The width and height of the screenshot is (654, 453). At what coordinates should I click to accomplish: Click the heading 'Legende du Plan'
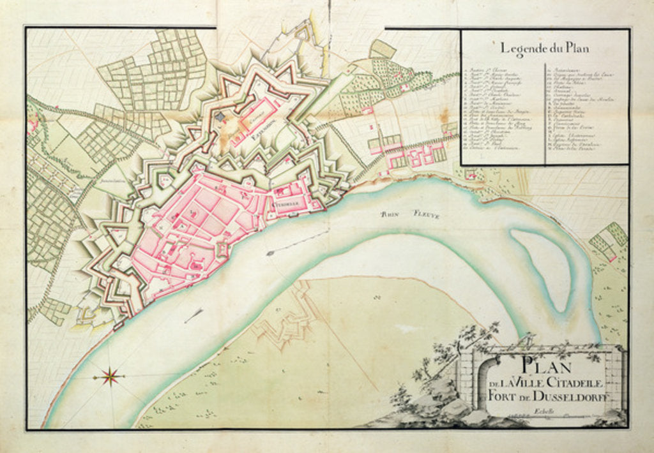(x=544, y=47)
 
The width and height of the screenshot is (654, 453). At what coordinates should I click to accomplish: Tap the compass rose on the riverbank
(x=111, y=376)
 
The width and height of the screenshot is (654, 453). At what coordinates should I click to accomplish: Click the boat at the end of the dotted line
(x=270, y=253)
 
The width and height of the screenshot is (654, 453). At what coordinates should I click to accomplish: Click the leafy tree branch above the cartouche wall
(x=460, y=348)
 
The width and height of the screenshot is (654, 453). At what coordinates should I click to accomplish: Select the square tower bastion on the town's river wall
(x=222, y=248)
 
